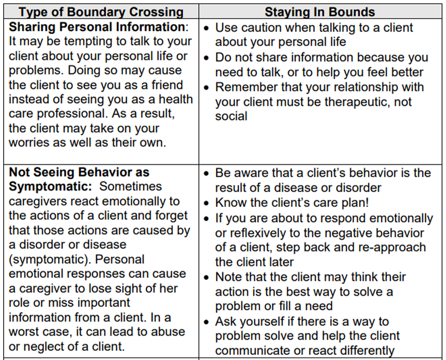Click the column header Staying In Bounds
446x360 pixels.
click(320, 11)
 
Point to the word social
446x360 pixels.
click(231, 116)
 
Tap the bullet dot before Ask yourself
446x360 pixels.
click(207, 322)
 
